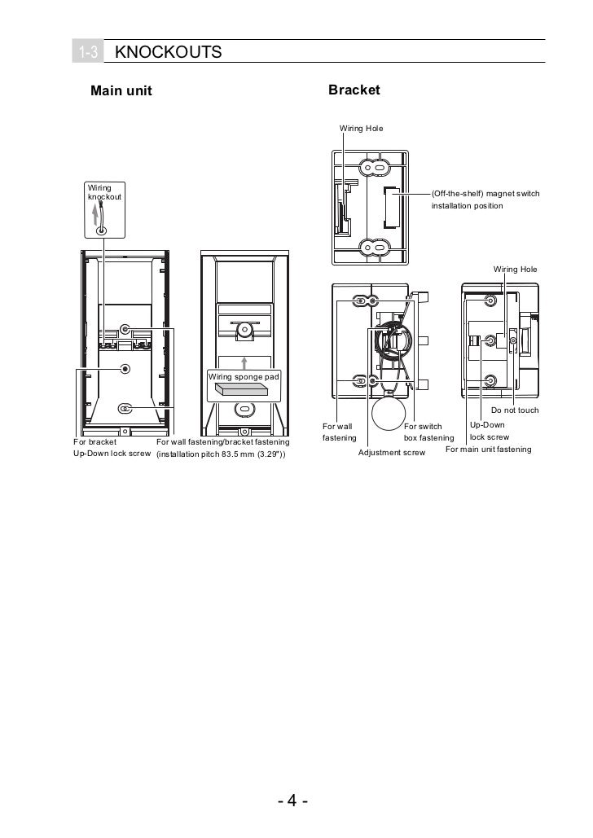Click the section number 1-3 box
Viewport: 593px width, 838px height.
(x=88, y=53)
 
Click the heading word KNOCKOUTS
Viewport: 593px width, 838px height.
(x=169, y=53)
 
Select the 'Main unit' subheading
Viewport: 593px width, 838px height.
(x=121, y=90)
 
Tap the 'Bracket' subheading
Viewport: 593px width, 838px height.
(x=354, y=90)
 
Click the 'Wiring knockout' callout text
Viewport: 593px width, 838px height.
(x=101, y=193)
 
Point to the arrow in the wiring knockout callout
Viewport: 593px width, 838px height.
(x=96, y=214)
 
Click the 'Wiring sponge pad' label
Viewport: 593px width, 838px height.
(x=244, y=377)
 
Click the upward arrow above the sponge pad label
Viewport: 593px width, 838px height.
(x=244, y=362)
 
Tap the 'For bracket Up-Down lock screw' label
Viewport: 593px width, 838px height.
(x=111, y=447)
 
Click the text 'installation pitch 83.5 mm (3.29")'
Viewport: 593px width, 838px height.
(x=221, y=454)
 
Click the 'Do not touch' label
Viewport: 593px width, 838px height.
(x=514, y=410)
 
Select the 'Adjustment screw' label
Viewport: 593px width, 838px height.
(x=391, y=452)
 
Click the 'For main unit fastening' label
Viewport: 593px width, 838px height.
(x=488, y=449)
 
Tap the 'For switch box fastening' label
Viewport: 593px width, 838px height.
(x=428, y=432)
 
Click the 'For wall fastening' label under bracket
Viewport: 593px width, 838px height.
(x=340, y=432)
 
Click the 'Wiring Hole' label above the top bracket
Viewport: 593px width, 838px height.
(x=361, y=129)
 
